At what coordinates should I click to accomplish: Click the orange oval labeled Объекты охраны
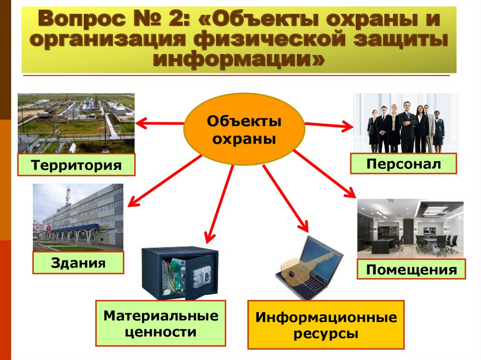point(244,129)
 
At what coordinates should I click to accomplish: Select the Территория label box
point(77,165)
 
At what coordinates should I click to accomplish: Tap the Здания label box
point(78,262)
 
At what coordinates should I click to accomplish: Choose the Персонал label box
point(403,164)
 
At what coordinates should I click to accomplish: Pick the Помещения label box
point(411,269)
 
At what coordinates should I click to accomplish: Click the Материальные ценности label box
point(161,323)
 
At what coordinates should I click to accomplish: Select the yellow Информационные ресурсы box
point(326,325)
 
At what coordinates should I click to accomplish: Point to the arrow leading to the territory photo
point(160,123)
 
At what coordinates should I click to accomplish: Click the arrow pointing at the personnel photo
point(329,125)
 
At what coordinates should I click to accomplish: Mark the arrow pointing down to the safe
point(219,204)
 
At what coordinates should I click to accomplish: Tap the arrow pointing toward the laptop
point(285,199)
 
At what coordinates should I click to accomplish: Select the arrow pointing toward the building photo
point(165,181)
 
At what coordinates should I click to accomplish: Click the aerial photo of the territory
point(76,123)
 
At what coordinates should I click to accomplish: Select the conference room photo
point(411,229)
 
